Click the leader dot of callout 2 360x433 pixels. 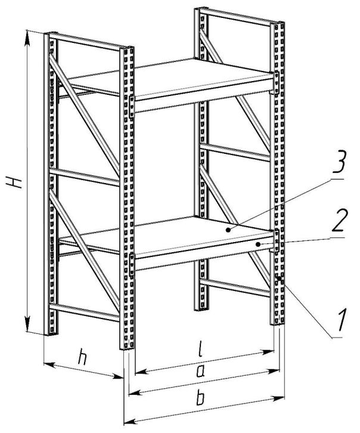pyautogui.click(x=257, y=243)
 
